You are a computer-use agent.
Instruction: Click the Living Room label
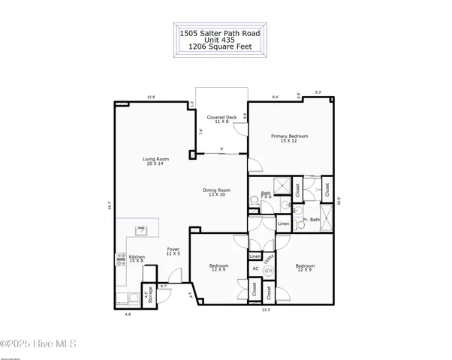pos(156,161)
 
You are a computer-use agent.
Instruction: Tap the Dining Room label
pos(216,192)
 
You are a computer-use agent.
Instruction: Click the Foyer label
pos(173,251)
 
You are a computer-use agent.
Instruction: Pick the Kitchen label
pos(137,259)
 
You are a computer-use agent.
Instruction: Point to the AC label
pos(255,268)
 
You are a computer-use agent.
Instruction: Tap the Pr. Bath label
pos(311,220)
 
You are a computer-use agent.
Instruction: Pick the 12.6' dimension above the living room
pos(151,97)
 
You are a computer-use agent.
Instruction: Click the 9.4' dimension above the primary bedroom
pos(275,97)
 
